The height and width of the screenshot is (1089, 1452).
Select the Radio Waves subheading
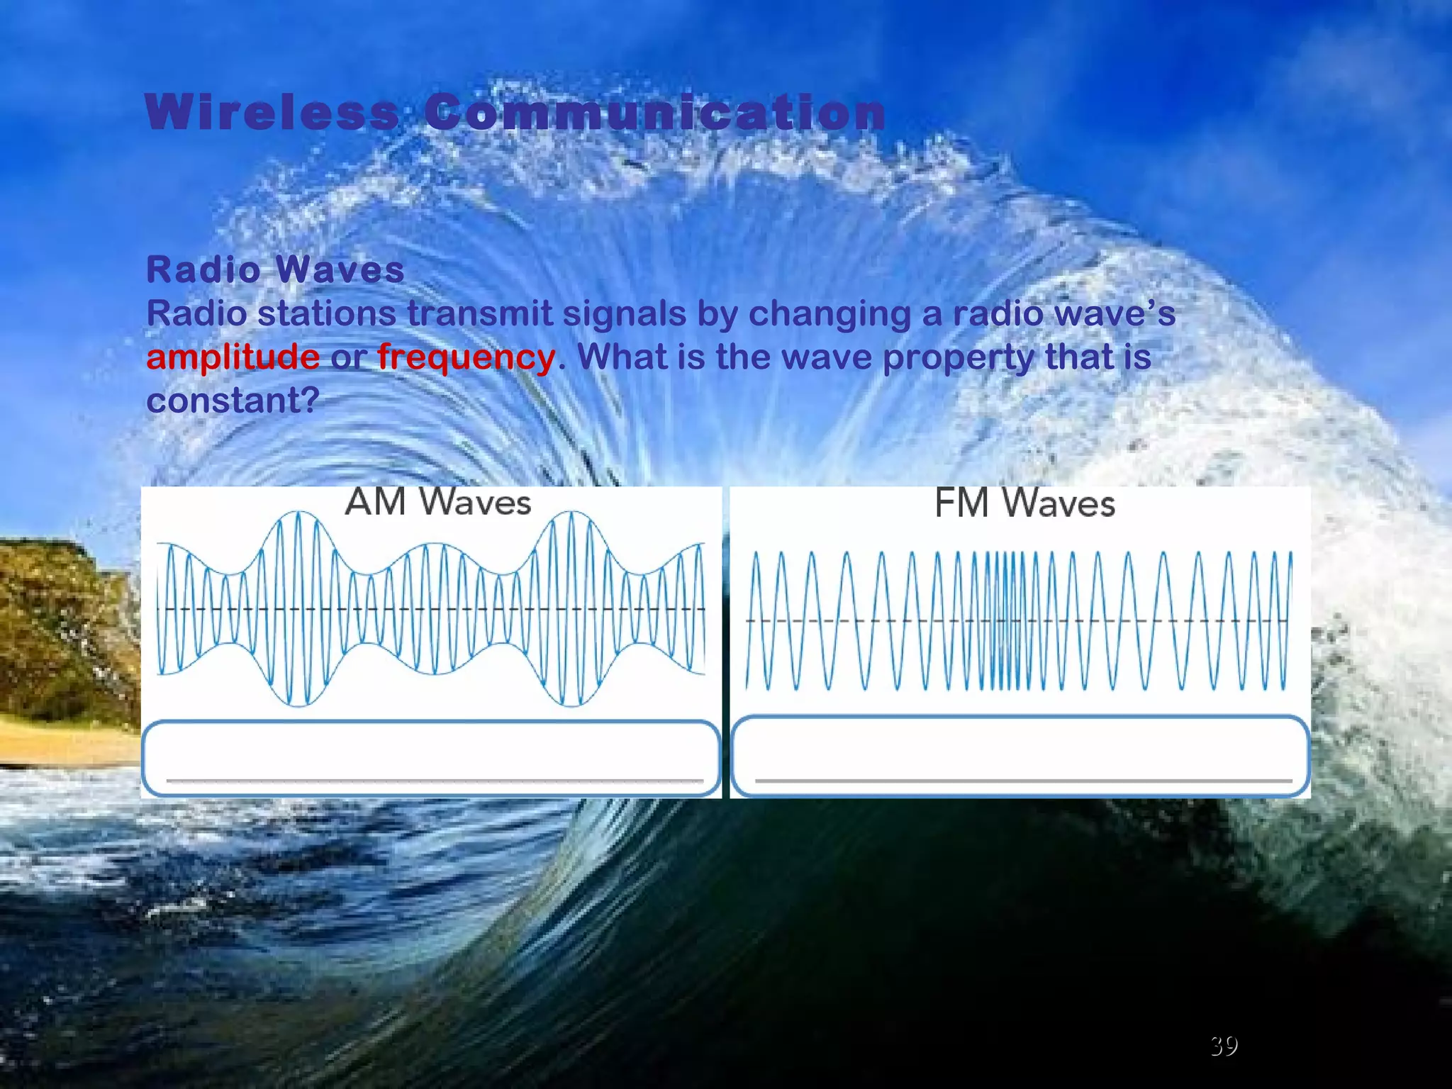pos(275,269)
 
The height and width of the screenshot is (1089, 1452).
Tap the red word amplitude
pos(233,357)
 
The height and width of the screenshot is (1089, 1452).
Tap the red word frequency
pos(466,357)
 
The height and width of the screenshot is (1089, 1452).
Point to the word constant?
pos(233,401)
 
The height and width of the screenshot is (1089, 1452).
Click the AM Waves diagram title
pos(437,503)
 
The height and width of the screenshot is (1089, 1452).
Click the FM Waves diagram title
pos(1024,504)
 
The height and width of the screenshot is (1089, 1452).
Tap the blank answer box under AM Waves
pos(431,757)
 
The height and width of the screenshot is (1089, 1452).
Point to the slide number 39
pos(1224,1046)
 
